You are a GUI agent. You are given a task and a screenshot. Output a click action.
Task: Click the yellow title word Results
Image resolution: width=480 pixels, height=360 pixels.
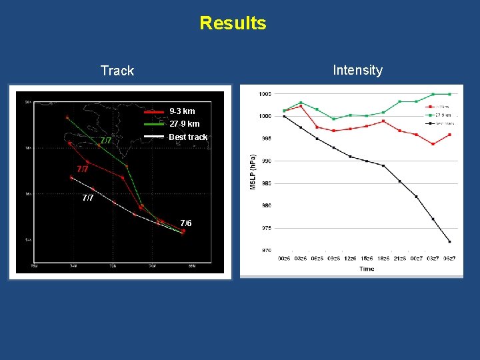coord(233,23)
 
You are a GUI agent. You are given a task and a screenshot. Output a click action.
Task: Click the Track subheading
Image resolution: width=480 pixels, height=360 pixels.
coord(117,71)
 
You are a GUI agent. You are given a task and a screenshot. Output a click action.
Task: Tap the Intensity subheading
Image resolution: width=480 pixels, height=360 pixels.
coord(357,70)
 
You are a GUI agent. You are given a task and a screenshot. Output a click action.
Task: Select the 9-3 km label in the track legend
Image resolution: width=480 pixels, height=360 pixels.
coord(182,111)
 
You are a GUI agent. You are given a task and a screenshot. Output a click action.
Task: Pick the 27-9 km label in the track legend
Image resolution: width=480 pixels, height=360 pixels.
coord(184,124)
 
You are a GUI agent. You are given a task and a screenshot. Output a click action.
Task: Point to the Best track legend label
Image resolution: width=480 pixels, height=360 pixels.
coord(188,137)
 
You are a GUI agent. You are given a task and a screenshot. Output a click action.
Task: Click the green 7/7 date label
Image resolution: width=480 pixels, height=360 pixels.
coord(105,141)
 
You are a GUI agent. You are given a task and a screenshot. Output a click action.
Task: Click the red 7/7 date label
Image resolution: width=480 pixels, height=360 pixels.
coord(83,169)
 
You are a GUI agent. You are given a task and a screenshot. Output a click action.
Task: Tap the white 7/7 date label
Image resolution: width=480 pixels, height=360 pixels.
coord(88,198)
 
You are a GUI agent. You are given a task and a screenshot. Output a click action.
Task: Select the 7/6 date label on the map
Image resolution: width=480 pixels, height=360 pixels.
coord(186,223)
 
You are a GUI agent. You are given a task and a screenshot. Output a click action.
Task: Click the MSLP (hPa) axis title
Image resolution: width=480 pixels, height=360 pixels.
coord(253,169)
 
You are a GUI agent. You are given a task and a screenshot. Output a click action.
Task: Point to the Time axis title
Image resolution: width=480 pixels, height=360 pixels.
coord(367,269)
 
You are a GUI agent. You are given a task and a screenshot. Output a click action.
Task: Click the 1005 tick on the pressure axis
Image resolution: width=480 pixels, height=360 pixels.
coord(265,94)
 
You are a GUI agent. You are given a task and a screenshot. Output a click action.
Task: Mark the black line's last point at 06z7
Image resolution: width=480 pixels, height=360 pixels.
coord(449,241)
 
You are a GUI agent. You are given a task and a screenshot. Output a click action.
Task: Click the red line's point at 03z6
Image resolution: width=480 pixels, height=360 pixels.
coord(301,106)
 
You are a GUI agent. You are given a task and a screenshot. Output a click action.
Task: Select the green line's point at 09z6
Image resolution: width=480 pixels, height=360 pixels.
coord(333,119)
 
